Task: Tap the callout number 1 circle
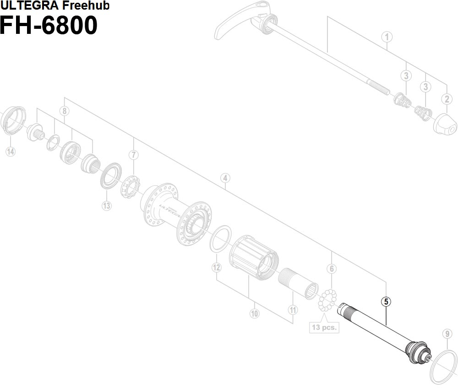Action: tap(387, 37)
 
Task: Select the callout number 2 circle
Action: tap(447, 98)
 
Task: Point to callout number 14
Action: tap(10, 152)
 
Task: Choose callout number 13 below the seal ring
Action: tap(107, 205)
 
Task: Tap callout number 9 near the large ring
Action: tap(447, 334)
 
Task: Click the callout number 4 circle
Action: tap(225, 178)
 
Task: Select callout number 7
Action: tap(133, 155)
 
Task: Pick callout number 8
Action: tap(65, 111)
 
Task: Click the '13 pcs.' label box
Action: tap(323, 327)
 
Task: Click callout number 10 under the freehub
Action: tap(254, 313)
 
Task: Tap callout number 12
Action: tap(217, 268)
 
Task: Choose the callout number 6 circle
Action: tap(332, 269)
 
